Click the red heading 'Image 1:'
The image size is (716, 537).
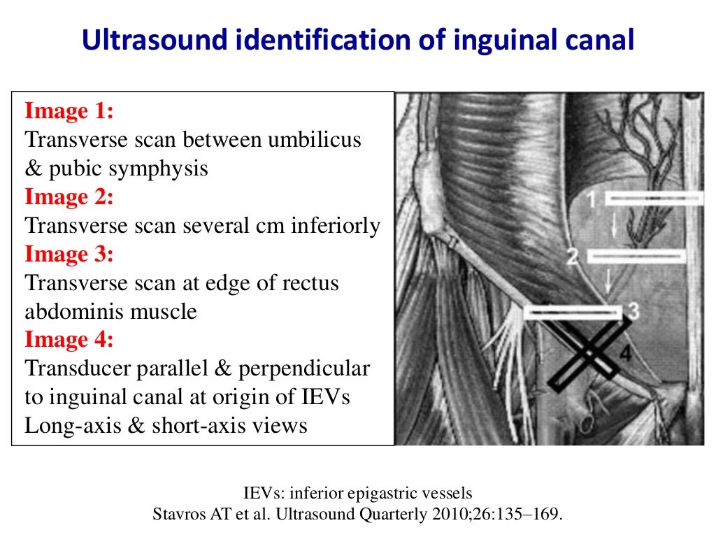click(x=69, y=111)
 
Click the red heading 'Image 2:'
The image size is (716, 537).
click(x=69, y=197)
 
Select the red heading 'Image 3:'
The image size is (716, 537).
click(x=69, y=255)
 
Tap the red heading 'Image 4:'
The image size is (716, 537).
click(x=69, y=340)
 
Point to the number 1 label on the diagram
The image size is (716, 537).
click(x=592, y=199)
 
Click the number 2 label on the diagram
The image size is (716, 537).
click(x=573, y=257)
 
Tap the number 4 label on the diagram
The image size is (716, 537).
click(x=625, y=355)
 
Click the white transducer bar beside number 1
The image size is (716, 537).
click(x=654, y=199)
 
